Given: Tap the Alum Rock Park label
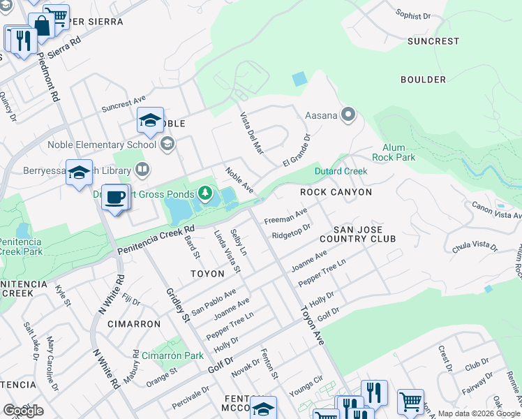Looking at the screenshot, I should [398, 152].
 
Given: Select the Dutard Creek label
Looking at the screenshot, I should [341, 171].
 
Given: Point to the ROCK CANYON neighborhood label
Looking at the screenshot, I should [336, 191].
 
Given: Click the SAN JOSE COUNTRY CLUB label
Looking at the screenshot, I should [364, 234].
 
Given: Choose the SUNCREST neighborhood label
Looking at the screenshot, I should [433, 41].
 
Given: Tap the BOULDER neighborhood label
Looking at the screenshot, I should [423, 80].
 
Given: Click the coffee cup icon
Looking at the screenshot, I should [115, 197].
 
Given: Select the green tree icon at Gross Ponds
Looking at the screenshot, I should [205, 192].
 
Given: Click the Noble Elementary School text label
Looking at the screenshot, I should [102, 145].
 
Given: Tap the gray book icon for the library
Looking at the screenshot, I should [142, 168].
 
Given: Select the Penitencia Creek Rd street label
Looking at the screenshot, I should [156, 240].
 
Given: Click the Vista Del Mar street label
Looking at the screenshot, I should [252, 133].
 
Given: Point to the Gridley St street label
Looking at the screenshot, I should [177, 304].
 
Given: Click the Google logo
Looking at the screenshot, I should [23, 411].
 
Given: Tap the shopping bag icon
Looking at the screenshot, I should [41, 27].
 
